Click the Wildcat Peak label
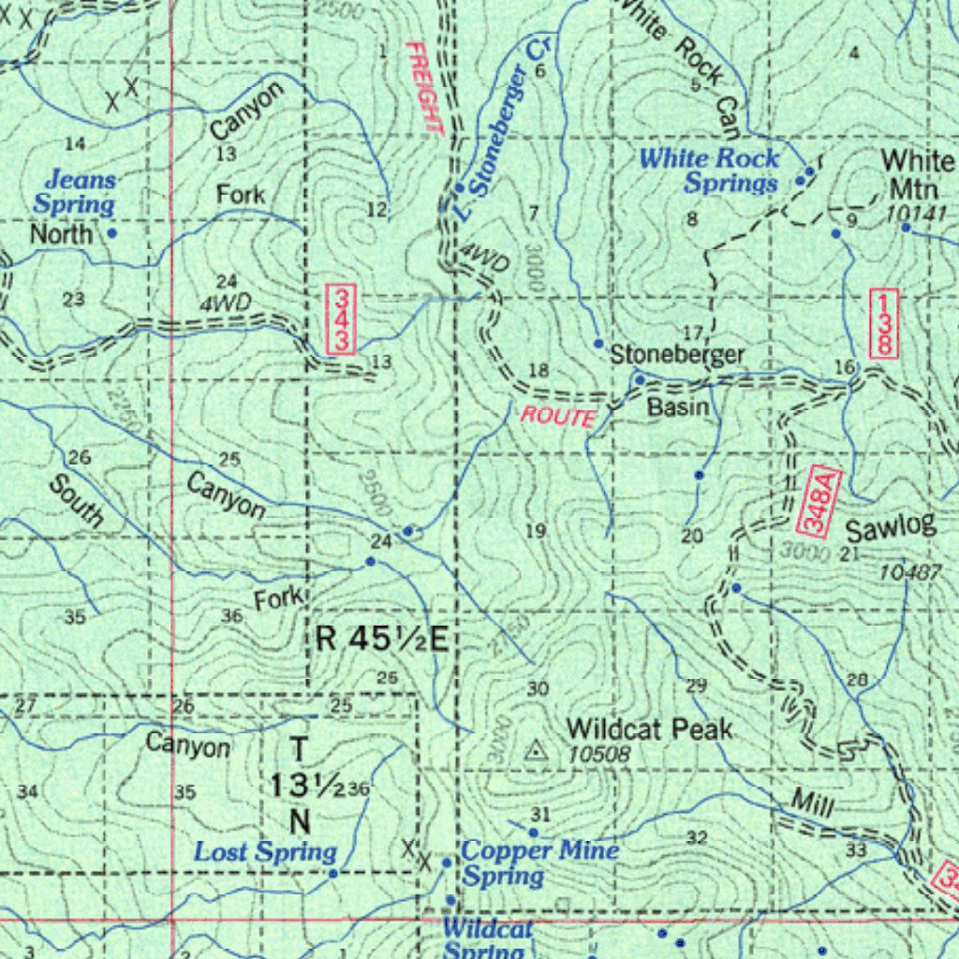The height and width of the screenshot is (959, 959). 649,729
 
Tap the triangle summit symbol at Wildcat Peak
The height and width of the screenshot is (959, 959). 536,749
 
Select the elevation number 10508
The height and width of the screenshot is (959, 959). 598,753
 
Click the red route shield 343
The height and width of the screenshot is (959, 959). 339,319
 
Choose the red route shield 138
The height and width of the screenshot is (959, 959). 881,323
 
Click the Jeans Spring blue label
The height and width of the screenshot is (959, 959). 76,191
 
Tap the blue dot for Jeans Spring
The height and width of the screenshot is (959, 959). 111,232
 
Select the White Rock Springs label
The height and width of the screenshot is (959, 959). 709,170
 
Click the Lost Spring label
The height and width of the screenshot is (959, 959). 265,852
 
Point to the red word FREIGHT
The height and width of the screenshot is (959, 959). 423,89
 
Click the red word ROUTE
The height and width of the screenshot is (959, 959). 558,417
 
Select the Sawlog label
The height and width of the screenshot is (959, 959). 891,528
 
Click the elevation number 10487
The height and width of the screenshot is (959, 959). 909,571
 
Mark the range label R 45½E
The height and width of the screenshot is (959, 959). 382,640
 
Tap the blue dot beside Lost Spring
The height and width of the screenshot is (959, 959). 332,873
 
